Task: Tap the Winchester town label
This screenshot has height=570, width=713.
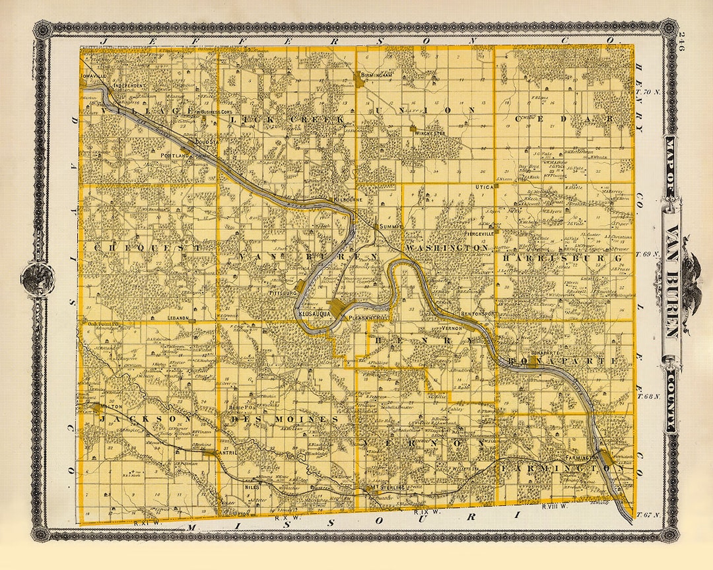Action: coord(430,134)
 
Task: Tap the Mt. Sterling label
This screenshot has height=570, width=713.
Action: coord(389,489)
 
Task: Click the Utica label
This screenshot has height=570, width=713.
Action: coord(484,187)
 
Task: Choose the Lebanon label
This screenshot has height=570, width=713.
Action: coord(178,317)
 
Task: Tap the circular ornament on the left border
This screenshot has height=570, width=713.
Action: coord(36,276)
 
